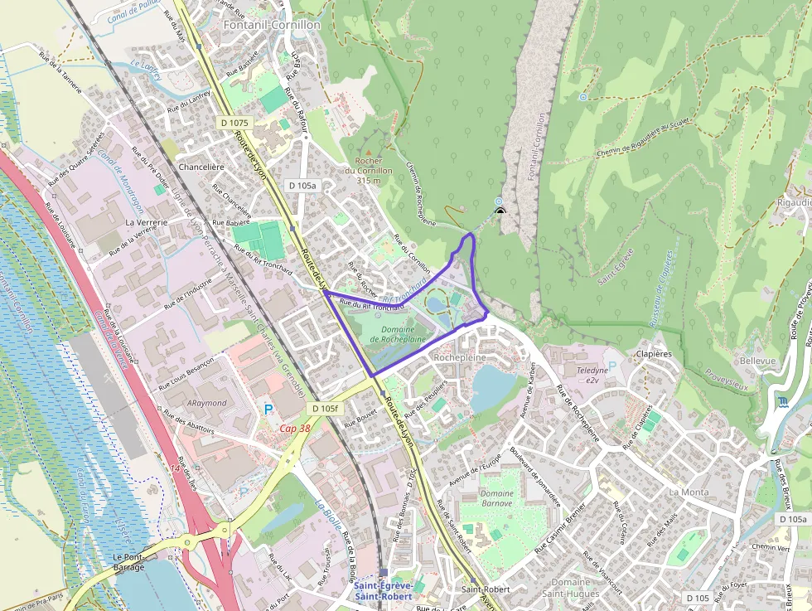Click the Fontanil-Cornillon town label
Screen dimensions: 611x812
pos(272,26)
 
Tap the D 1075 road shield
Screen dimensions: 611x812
pos(235,122)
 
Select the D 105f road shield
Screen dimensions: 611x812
pos(325,409)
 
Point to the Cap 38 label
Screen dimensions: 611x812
pos(294,429)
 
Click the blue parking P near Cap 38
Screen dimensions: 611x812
pos(268,409)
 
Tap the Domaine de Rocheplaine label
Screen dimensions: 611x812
pos(398,334)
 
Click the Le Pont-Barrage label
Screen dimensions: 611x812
pos(128,562)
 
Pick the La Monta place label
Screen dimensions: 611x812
pos(689,492)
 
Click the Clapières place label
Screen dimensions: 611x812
pos(655,354)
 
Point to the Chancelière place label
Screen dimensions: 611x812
pos(201,167)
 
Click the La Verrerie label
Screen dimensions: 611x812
pos(147,223)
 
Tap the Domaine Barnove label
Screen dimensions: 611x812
pos(497,497)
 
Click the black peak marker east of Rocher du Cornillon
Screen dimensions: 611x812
pos(500,211)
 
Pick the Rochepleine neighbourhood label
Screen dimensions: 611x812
pos(459,357)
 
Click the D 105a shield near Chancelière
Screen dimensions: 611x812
pos(302,186)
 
